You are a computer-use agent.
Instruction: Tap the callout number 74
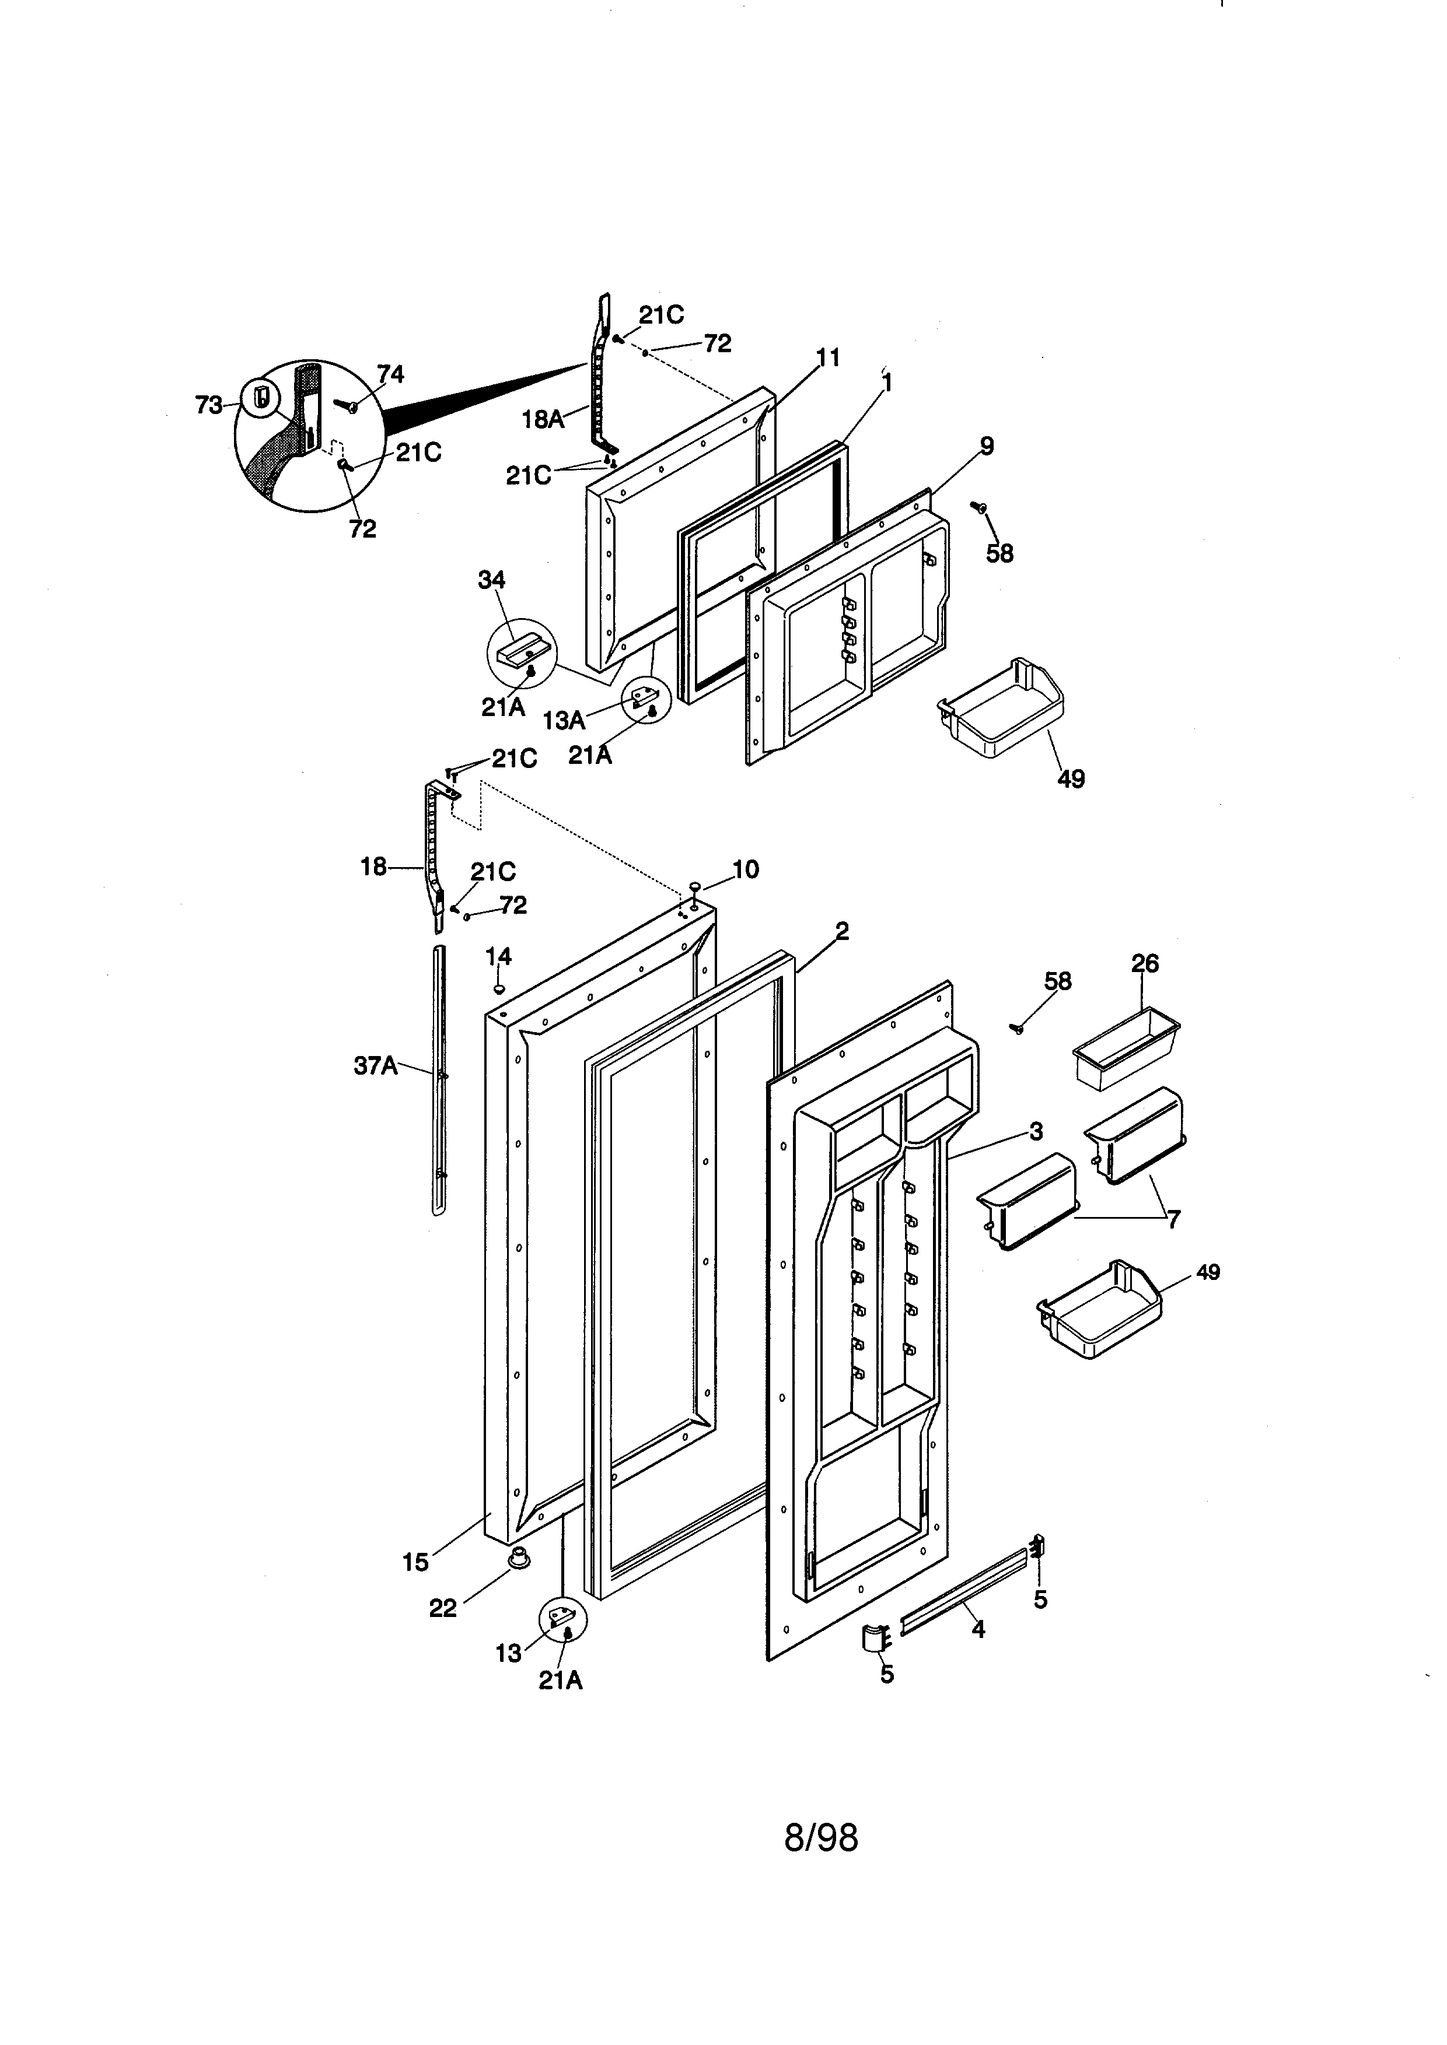coord(390,374)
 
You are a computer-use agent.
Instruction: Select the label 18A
coord(543,419)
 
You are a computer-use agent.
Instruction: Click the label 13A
coord(563,720)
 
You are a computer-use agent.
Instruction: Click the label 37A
coord(375,1065)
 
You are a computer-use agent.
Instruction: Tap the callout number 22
coord(443,1608)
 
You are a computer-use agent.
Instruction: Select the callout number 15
coord(415,1562)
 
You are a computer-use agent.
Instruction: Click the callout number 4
coord(977,1629)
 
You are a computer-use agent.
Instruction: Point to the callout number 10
coord(745,869)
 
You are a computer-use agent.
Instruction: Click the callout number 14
coord(498,956)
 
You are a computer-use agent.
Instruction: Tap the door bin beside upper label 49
coord(1001,710)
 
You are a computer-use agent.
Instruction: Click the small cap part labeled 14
coord(499,988)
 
